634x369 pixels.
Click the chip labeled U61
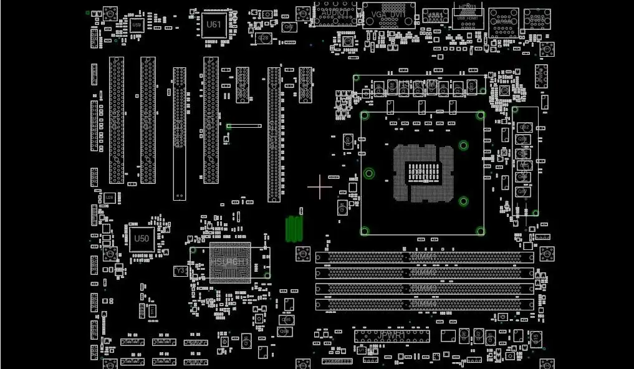213,25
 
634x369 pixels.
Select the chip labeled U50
142,239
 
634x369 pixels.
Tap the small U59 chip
137,25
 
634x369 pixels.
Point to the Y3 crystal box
180,271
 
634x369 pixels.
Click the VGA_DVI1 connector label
388,14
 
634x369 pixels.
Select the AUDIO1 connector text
334,12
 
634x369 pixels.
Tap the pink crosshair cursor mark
320,187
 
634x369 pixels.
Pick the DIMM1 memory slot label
424,256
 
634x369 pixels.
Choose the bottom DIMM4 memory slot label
424,304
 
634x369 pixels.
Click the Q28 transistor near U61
264,39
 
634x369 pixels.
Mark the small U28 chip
110,198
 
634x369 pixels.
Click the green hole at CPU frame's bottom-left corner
365,231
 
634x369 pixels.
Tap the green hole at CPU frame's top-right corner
480,115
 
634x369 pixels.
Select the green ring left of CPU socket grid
369,173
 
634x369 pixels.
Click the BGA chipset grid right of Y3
230,262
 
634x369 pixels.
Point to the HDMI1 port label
467,6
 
